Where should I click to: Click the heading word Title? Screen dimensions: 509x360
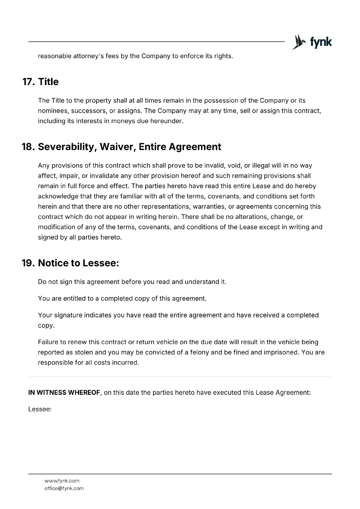48,82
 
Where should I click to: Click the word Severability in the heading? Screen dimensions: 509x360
67,147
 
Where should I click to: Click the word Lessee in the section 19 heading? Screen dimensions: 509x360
101,263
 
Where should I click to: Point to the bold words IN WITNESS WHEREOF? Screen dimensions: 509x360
64,393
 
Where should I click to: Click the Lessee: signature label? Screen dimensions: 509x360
40,409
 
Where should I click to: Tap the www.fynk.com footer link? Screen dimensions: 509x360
62,481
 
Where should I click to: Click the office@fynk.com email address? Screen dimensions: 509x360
64,488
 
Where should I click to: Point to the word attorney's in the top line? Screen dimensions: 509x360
88,56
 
